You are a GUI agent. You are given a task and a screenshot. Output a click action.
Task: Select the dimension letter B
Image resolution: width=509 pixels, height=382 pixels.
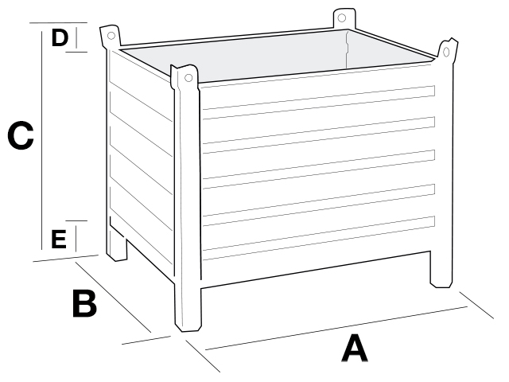pyautogui.click(x=84, y=303)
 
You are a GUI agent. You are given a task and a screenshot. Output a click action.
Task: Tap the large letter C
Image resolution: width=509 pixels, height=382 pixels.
pyautogui.click(x=21, y=135)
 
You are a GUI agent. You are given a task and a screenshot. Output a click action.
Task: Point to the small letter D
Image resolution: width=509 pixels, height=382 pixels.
pyautogui.click(x=60, y=37)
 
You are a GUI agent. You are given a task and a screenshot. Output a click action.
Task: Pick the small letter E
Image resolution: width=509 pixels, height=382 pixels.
pyautogui.click(x=59, y=239)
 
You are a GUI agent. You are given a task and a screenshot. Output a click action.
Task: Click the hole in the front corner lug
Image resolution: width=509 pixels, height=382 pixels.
pyautogui.click(x=188, y=78)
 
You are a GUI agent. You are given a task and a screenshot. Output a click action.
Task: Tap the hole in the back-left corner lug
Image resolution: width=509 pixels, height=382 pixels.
pyautogui.click(x=111, y=35)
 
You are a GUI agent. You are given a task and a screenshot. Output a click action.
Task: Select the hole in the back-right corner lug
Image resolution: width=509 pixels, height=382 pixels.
pyautogui.click(x=341, y=18)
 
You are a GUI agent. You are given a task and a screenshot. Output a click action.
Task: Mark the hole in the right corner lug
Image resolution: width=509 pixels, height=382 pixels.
pyautogui.click(x=446, y=52)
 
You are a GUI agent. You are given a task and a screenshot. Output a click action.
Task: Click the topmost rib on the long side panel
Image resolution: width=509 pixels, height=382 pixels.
pyautogui.click(x=319, y=98)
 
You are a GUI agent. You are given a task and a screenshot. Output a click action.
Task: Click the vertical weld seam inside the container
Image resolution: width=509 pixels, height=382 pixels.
pyautogui.click(x=347, y=49)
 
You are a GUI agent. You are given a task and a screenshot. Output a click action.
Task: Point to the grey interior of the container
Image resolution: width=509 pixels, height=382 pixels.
pyautogui.click(x=276, y=55)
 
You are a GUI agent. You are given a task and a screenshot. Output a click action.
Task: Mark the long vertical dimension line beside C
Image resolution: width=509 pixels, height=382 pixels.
pyautogui.click(x=42, y=140)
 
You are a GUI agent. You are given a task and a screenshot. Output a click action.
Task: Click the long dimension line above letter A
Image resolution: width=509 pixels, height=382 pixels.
pyautogui.click(x=336, y=328)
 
